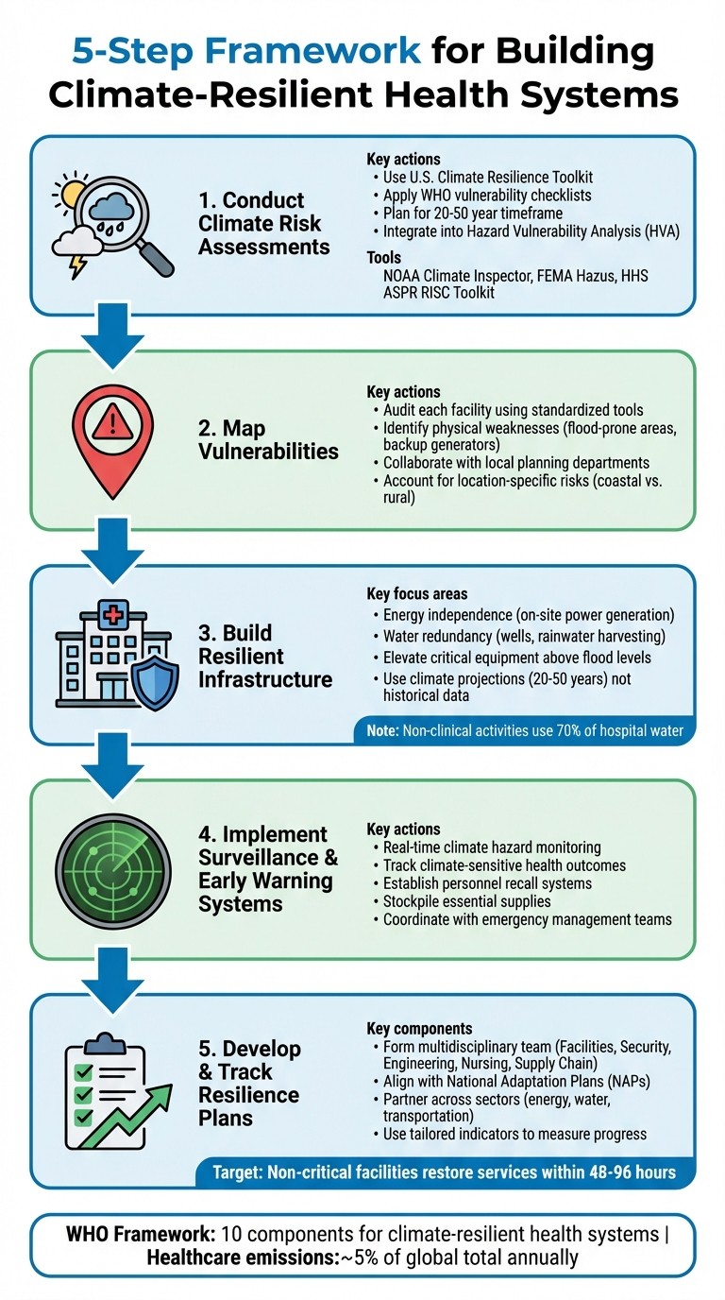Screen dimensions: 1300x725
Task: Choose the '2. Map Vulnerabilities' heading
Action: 268,438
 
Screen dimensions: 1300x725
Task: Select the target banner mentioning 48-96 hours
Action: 447,1172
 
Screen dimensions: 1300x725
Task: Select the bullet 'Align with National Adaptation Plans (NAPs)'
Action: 503,1080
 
